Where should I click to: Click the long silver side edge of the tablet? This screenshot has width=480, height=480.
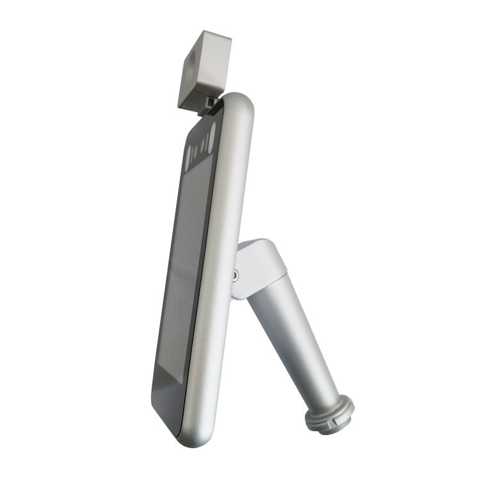click(x=221, y=288)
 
